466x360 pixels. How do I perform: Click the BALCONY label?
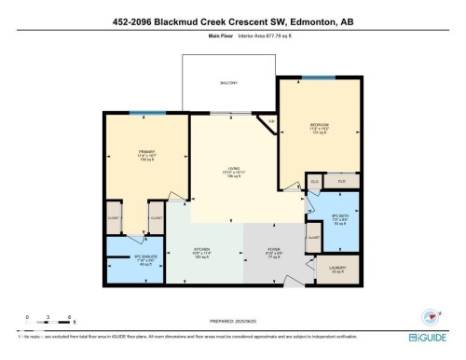(229, 82)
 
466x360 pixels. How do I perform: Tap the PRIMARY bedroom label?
(144, 155)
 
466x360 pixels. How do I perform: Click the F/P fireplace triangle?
(271, 122)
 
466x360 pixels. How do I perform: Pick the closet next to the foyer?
(314, 243)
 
